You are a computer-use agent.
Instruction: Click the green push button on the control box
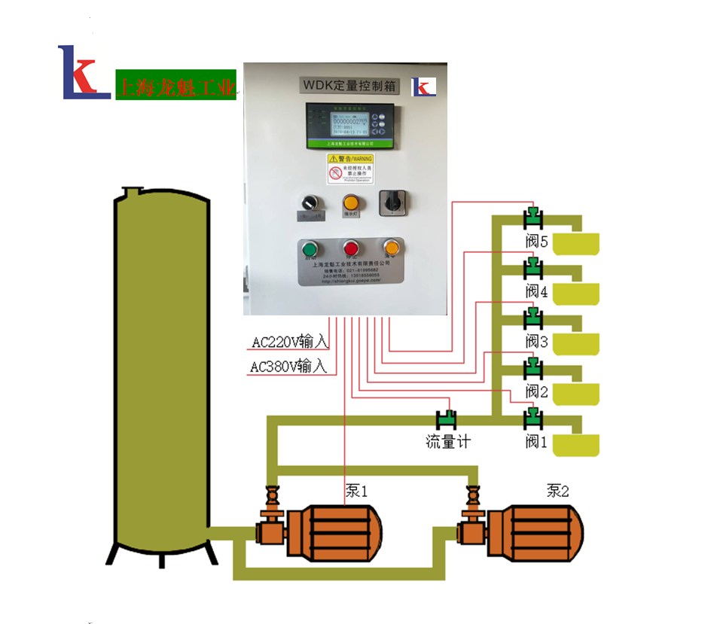310,250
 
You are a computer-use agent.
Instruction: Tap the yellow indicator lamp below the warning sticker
350,202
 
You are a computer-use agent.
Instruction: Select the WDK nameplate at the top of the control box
349,85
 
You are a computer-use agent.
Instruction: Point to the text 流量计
447,442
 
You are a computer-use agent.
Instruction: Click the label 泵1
356,492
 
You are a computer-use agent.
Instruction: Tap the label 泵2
558,492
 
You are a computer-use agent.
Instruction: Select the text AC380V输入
288,367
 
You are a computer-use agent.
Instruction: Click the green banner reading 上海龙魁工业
175,85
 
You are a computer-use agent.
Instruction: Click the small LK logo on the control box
423,87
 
